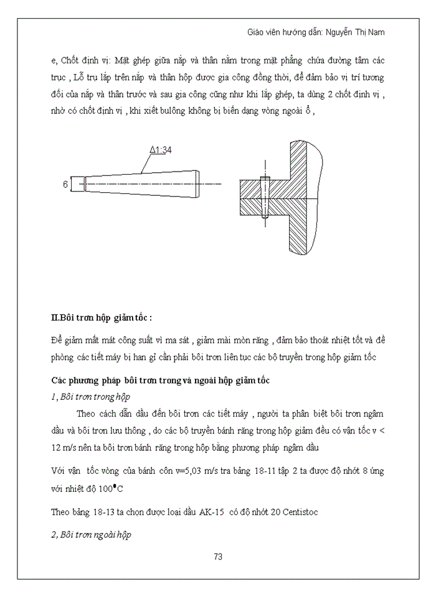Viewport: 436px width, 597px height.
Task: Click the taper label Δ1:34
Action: [x=160, y=150]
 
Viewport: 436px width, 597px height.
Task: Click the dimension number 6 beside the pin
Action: [x=65, y=184]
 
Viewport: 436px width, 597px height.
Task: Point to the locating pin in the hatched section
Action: [x=265, y=198]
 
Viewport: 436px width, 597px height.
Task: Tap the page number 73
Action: [x=218, y=557]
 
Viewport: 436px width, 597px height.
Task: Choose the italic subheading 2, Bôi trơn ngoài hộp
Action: [x=91, y=534]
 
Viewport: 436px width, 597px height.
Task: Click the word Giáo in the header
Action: [x=257, y=31]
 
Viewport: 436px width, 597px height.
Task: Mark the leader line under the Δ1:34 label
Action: [x=146, y=163]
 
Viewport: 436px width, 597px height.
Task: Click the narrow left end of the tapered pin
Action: [x=75, y=184]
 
